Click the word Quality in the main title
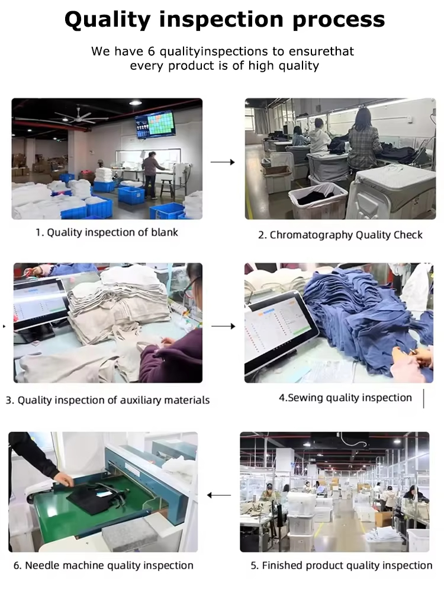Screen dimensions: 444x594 (108, 19)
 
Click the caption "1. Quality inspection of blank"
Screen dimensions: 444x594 (107, 232)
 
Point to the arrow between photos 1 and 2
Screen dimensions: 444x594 (223, 162)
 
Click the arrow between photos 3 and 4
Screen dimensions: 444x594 (223, 326)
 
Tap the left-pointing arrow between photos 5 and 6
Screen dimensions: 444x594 (219, 495)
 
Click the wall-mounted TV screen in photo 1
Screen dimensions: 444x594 (156, 123)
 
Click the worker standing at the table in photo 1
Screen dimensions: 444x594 (152, 174)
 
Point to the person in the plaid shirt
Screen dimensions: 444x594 (363, 139)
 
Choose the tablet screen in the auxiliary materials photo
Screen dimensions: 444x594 (41, 305)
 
